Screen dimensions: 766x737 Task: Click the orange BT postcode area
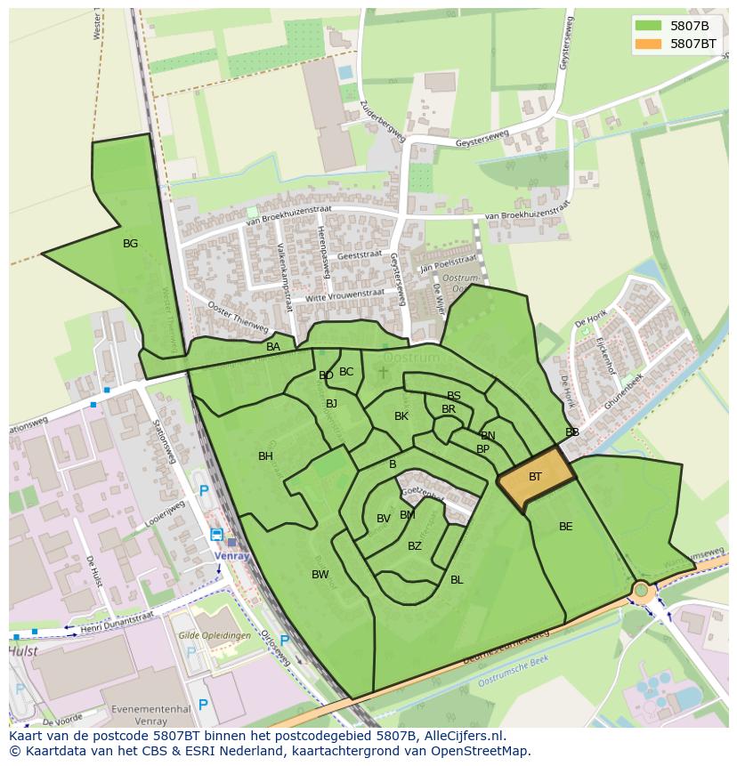pyautogui.click(x=536, y=477)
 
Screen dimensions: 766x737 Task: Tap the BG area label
pyautogui.click(x=131, y=243)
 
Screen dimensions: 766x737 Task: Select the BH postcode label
pyautogui.click(x=265, y=456)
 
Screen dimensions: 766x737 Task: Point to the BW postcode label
pyautogui.click(x=320, y=575)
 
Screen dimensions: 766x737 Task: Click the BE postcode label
pyautogui.click(x=566, y=527)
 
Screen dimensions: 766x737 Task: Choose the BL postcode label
pyautogui.click(x=457, y=580)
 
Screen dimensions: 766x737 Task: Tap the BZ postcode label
pyautogui.click(x=415, y=546)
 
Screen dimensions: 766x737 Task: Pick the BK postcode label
pyautogui.click(x=401, y=416)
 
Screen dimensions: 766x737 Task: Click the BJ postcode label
pyautogui.click(x=332, y=404)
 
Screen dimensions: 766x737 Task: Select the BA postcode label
pyautogui.click(x=273, y=347)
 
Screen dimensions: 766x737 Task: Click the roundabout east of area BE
pyautogui.click(x=641, y=589)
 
